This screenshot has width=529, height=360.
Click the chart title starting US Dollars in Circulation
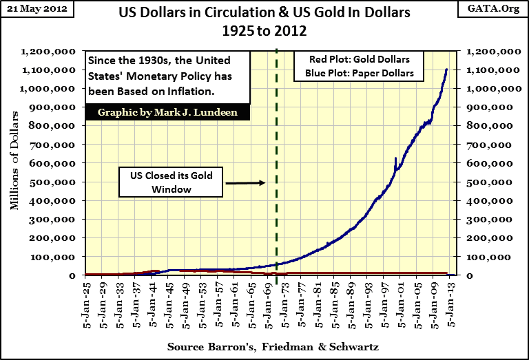[x=264, y=21]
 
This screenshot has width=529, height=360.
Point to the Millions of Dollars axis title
[x=14, y=164]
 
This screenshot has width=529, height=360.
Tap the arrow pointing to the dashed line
[x=245, y=182]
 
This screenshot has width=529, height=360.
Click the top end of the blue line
[x=446, y=70]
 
